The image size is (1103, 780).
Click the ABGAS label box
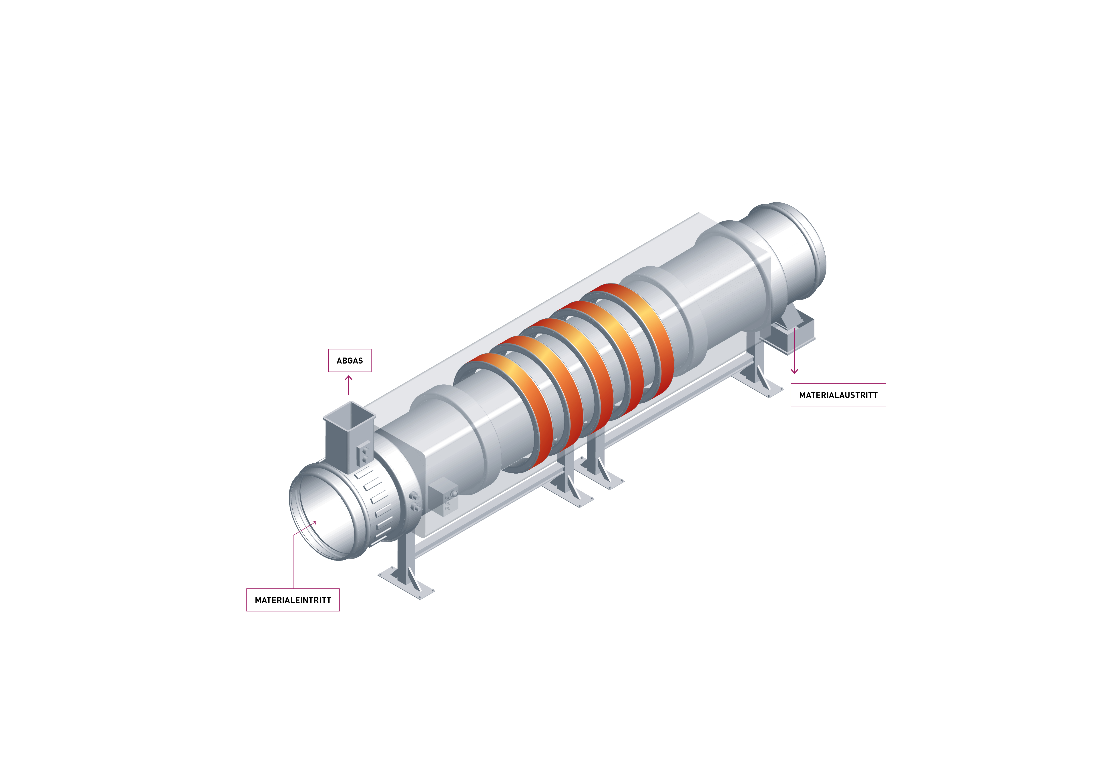350,360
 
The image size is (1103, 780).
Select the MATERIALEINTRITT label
293,600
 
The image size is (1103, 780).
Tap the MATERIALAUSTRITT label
838,395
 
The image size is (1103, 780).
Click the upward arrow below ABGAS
349,385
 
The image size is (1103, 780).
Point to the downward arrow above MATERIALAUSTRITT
794,351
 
